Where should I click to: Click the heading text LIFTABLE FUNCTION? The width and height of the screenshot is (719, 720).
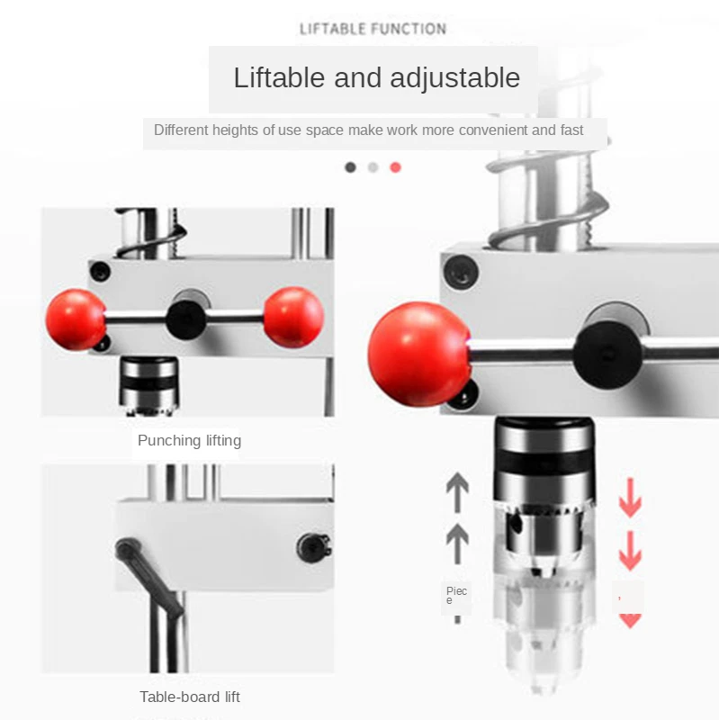point(373,29)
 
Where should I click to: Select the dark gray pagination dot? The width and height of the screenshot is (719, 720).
point(350,167)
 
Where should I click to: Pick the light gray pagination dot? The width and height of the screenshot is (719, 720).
point(373,167)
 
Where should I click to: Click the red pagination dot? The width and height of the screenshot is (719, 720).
point(395,167)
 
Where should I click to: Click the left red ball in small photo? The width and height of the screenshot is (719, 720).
point(76,319)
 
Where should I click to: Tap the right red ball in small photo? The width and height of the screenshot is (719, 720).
point(293,317)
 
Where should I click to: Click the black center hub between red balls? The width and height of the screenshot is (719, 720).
point(185,317)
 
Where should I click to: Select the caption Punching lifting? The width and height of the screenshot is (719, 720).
point(189,441)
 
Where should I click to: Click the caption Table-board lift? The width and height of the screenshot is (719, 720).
point(190,697)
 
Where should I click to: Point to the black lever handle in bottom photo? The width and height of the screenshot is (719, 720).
point(149,576)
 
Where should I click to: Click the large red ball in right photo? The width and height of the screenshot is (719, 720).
point(418,354)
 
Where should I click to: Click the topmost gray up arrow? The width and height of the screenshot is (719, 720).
point(457,492)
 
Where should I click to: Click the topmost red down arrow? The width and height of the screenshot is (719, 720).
point(630,499)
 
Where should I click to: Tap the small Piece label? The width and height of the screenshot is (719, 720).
point(456,595)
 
